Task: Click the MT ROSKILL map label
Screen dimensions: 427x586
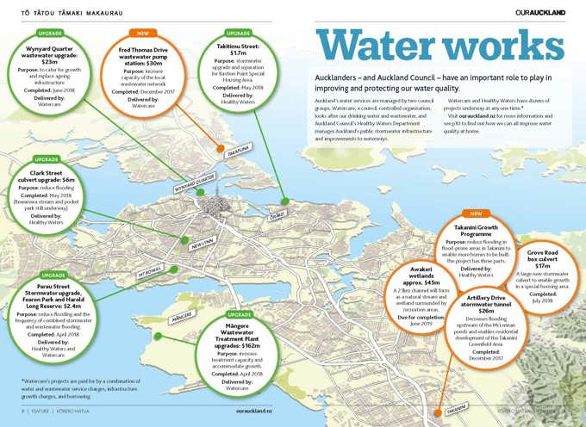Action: point(151,275)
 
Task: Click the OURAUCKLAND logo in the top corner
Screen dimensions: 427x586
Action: point(540,11)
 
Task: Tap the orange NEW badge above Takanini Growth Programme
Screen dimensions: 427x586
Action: point(476,213)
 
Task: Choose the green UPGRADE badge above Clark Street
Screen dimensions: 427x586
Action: point(46,159)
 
